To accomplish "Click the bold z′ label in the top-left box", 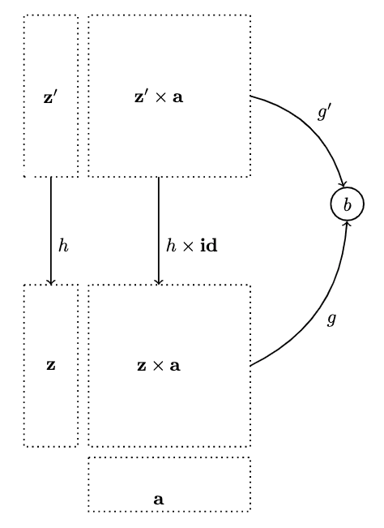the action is (x=50, y=97).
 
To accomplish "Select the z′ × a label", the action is (x=159, y=97).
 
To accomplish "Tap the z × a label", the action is (x=159, y=366).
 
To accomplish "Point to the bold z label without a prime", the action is (x=51, y=366).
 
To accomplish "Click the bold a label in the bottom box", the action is (x=159, y=500).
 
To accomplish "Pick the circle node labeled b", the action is (x=348, y=204).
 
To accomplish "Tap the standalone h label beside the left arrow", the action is (x=63, y=246).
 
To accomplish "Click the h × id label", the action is (x=192, y=246).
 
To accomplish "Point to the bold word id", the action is (x=209, y=246).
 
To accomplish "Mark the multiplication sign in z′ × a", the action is (x=160, y=97).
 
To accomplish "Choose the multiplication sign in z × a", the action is (x=158, y=366).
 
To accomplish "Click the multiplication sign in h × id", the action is (x=188, y=246).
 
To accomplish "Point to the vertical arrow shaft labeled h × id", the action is (x=159, y=231).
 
